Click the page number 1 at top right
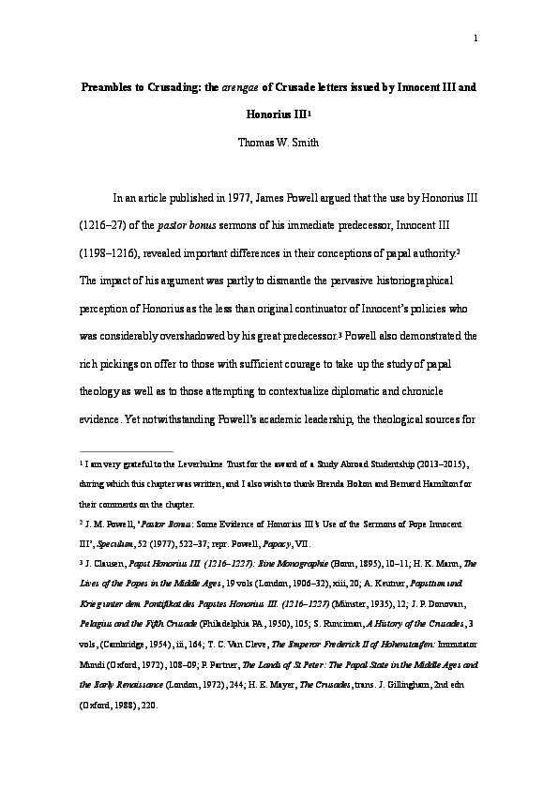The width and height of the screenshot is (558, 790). pyautogui.click(x=477, y=38)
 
